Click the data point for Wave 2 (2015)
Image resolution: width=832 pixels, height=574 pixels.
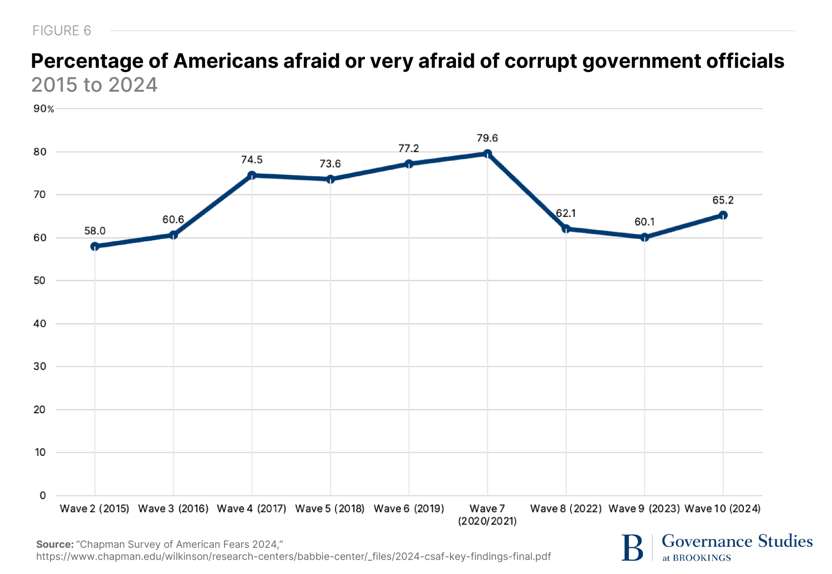pos(95,246)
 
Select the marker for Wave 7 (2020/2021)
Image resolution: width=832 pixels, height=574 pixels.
pos(488,154)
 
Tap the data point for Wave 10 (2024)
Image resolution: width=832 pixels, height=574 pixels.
pos(723,215)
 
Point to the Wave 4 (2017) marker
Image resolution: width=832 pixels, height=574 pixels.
pos(252,175)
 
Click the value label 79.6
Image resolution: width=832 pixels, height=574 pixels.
pos(488,138)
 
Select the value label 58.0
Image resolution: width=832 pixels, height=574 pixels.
pos(95,231)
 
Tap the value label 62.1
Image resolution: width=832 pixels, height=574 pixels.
pos(566,214)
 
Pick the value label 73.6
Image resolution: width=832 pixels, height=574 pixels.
pos(330,164)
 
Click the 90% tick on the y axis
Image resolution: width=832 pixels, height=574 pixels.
pos(44,109)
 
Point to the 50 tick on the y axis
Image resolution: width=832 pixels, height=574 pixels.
pos(39,281)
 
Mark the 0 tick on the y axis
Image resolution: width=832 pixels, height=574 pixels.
pos(43,495)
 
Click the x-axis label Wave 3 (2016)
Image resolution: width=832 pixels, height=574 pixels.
pos(173,509)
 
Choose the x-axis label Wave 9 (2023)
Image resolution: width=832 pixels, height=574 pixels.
pos(644,509)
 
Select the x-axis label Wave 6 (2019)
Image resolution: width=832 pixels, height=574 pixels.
pos(409,509)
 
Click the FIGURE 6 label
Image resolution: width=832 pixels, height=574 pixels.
pos(62,31)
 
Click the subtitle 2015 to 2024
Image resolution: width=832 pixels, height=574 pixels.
pos(94,85)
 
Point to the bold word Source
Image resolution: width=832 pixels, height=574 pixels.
pos(55,545)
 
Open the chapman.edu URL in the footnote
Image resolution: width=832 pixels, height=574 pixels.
pos(293,556)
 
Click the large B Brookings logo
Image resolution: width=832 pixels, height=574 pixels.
pos(632,547)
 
